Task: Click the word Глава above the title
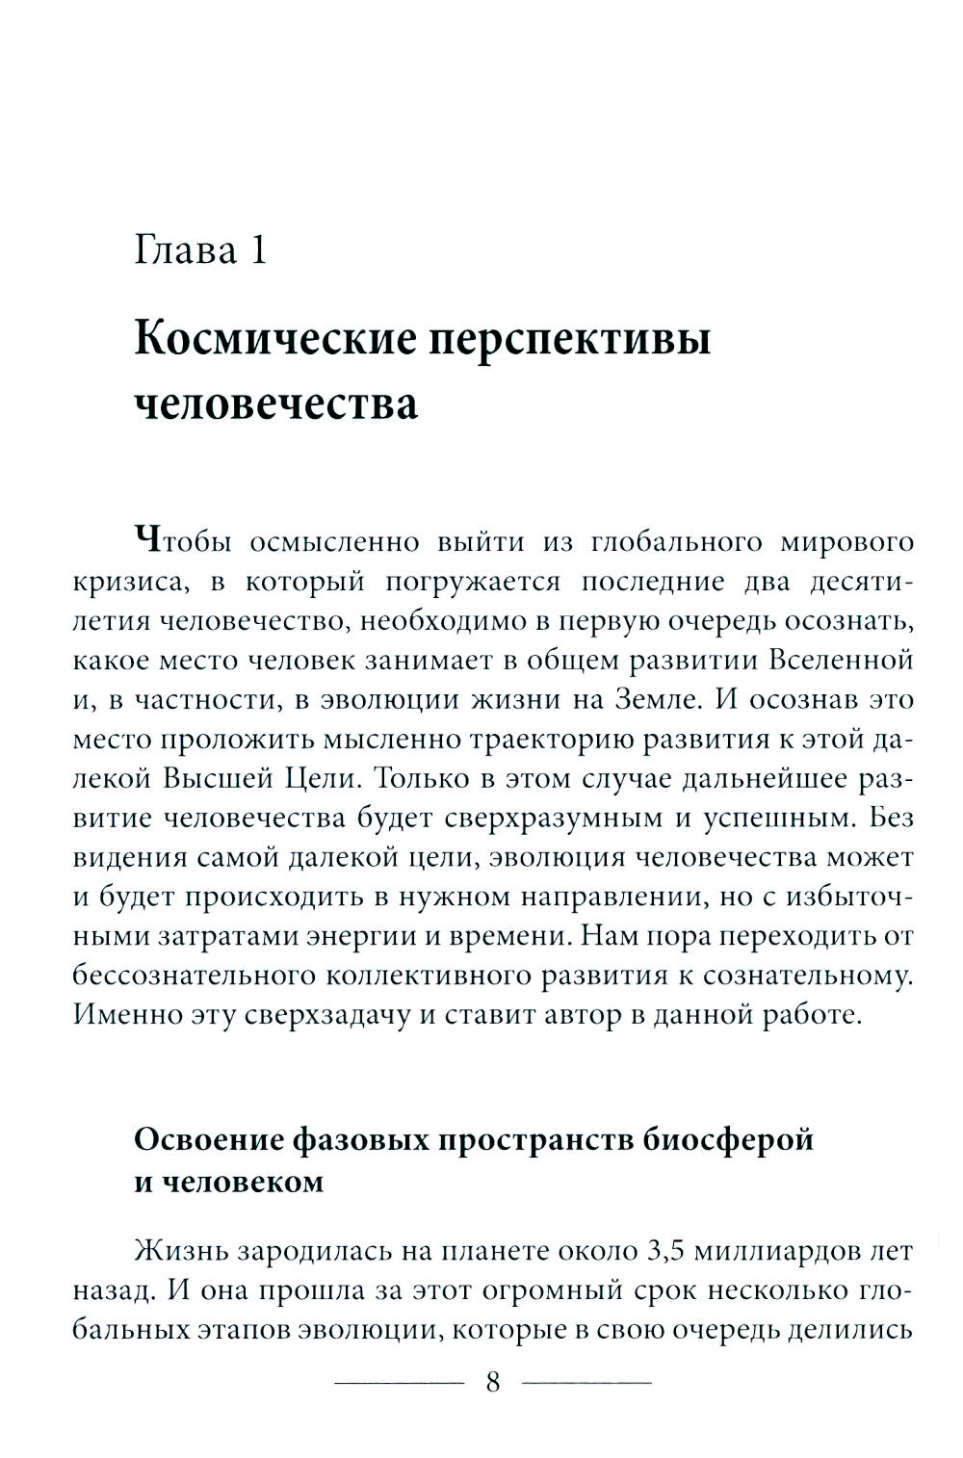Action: coord(185,250)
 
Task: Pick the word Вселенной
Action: coord(841,660)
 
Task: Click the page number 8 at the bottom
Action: coord(493,1383)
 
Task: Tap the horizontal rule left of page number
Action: coord(398,1384)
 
